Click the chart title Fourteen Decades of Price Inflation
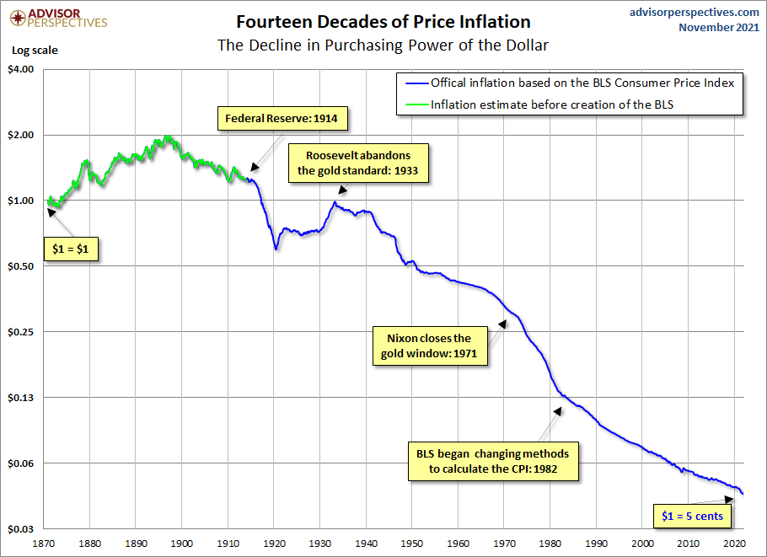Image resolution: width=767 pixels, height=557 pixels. pyautogui.click(x=383, y=21)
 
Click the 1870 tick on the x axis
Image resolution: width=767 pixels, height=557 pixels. pyautogui.click(x=44, y=544)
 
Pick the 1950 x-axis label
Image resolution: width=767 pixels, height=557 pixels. pyautogui.click(x=412, y=544)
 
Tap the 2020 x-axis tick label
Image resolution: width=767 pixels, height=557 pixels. pyautogui.click(x=735, y=544)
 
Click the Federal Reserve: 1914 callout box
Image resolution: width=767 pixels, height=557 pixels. pyautogui.click(x=281, y=118)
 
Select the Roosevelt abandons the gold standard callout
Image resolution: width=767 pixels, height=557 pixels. pyautogui.click(x=357, y=163)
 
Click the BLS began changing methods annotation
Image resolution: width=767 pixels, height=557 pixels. pyautogui.click(x=493, y=460)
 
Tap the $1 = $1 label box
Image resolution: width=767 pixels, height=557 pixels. pyautogui.click(x=71, y=250)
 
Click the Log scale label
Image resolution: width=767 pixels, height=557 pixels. pyautogui.click(x=35, y=50)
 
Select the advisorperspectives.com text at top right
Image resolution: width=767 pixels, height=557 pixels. pyautogui.click(x=694, y=12)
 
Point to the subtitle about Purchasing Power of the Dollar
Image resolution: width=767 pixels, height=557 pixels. pyautogui.click(x=383, y=45)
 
